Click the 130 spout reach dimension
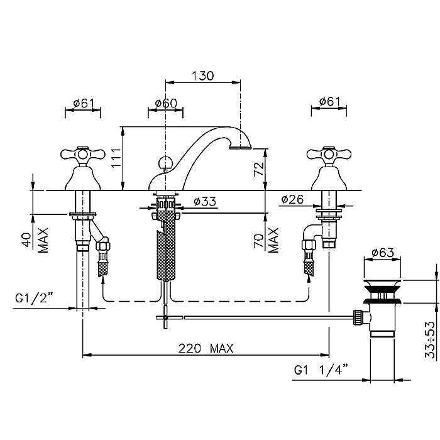click(x=203, y=76)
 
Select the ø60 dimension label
click(x=166, y=103)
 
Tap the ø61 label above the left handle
click(x=84, y=103)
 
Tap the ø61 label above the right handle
click(x=329, y=102)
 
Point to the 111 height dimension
click(x=116, y=158)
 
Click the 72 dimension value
click(x=259, y=169)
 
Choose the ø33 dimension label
click(x=205, y=201)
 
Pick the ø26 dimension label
click(x=292, y=199)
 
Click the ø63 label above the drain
click(x=383, y=253)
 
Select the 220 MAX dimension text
click(x=206, y=348)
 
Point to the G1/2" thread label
click(x=34, y=298)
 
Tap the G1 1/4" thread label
click(x=321, y=370)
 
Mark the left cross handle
click(x=83, y=155)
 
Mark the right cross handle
click(x=329, y=155)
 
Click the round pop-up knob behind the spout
click(x=164, y=162)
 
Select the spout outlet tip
click(x=241, y=146)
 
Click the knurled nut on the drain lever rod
click(x=357, y=317)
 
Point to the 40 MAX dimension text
click(x=36, y=240)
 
